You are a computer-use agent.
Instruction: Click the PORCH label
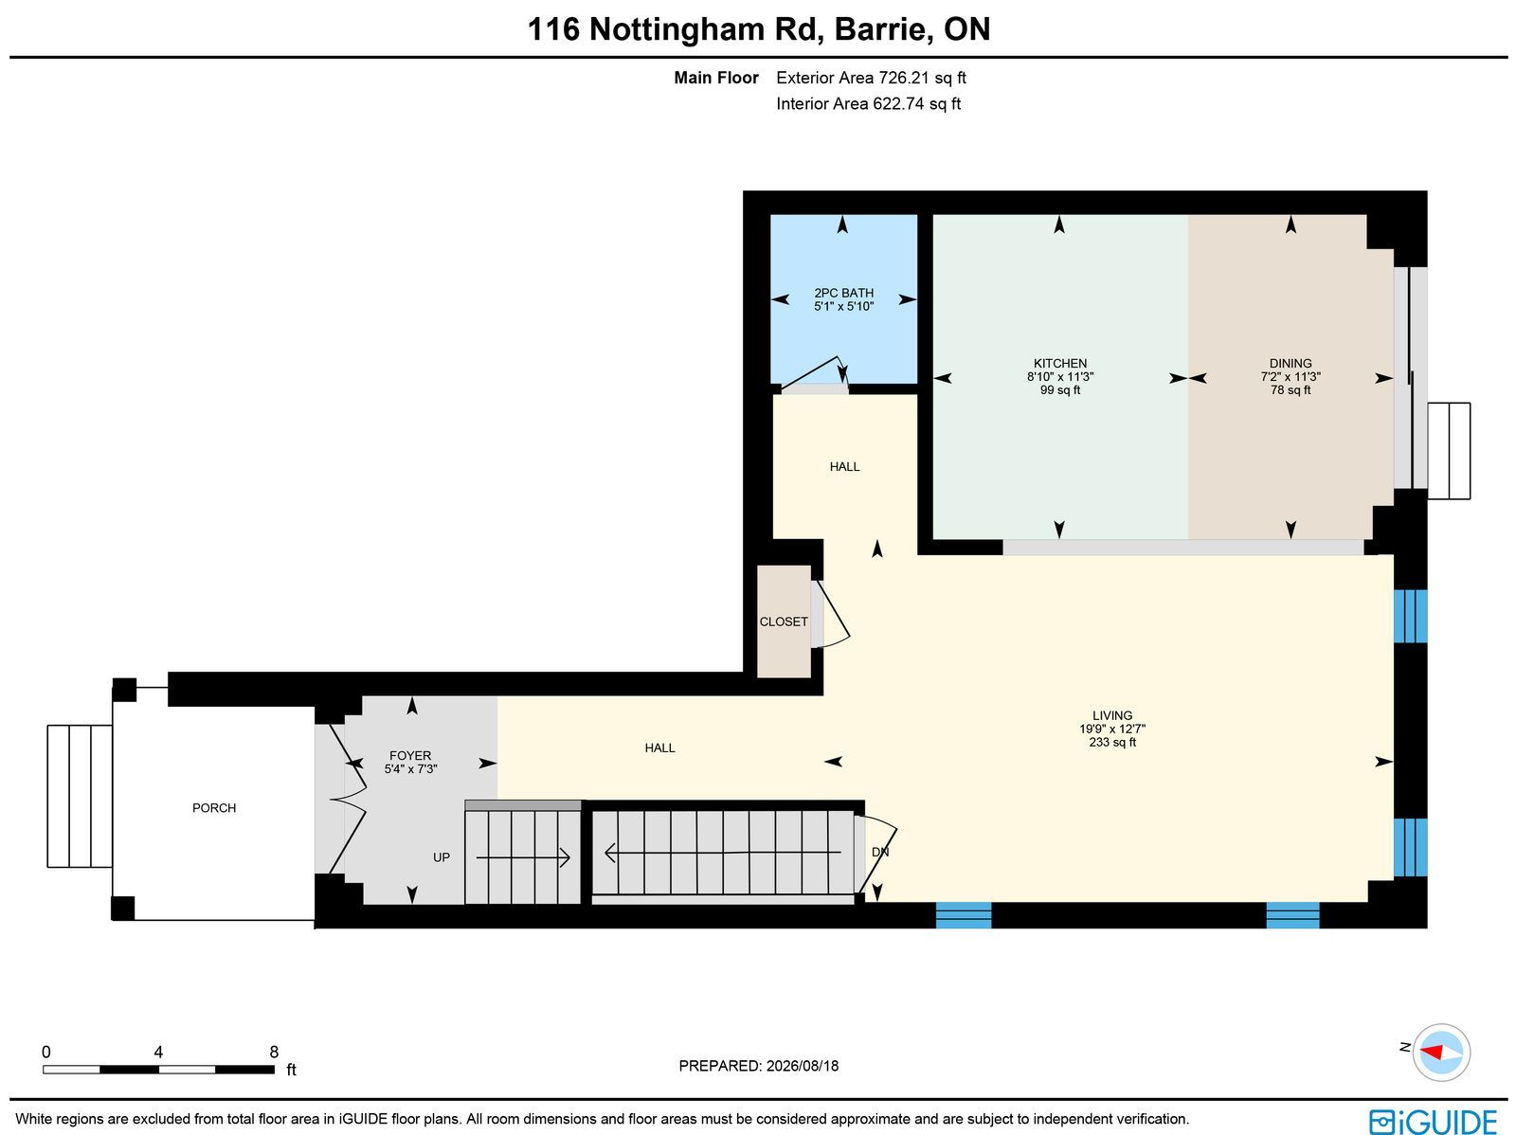[214, 808]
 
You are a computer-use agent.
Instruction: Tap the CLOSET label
[784, 622]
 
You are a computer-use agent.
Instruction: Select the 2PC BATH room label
[843, 293]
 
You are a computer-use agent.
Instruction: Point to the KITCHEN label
[1059, 363]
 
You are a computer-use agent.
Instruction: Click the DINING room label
[1290, 363]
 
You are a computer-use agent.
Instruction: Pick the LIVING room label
[1112, 715]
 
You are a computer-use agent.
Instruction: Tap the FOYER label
[410, 755]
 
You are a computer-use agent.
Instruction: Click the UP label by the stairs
[442, 857]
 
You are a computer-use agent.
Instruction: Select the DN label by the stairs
[880, 852]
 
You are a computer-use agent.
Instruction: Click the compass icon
[1441, 1053]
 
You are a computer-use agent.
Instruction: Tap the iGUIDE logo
[1434, 1121]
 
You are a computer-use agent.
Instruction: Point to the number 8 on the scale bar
[274, 1052]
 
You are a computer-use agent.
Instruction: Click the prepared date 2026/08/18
[802, 1065]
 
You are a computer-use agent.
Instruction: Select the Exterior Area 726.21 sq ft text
[871, 78]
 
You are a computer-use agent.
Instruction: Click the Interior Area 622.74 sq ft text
[868, 103]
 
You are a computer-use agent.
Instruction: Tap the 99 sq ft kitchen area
[1059, 390]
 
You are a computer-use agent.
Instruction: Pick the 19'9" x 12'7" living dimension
[1112, 729]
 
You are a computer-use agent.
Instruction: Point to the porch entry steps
[80, 796]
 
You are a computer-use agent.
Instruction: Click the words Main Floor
[716, 78]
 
